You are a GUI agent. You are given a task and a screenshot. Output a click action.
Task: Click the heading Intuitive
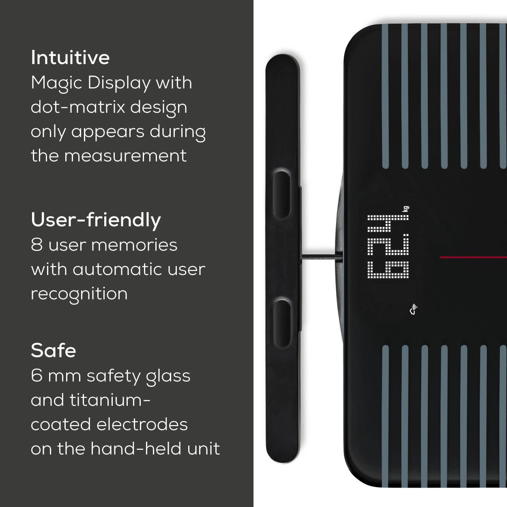pyautogui.click(x=70, y=58)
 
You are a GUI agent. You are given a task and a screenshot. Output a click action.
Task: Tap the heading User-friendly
pyautogui.click(x=96, y=220)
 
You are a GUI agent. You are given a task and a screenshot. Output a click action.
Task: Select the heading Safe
pyautogui.click(x=53, y=350)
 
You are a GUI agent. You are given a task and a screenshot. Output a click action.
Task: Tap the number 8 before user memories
pyautogui.click(x=37, y=245)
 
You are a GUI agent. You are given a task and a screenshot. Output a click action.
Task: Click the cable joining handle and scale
pyautogui.click(x=320, y=256)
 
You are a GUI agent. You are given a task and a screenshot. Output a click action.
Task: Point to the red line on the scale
pyautogui.click(x=473, y=257)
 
